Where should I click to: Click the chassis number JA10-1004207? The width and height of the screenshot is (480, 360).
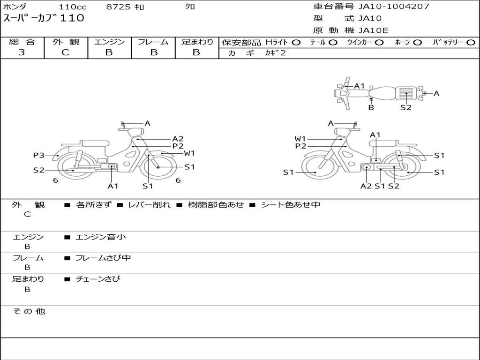394,7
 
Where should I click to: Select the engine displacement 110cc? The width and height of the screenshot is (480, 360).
69,7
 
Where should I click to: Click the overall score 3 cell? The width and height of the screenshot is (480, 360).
22,52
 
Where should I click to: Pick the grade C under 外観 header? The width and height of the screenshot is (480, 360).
66,52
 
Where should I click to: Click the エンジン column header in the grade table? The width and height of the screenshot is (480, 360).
109,42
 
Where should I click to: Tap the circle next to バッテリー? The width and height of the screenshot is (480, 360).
471,43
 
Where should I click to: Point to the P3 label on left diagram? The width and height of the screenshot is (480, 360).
38,155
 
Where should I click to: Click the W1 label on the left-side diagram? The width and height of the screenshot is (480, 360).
189,153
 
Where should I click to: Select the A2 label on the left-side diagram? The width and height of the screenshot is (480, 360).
178,139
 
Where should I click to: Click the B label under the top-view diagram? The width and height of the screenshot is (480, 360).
371,107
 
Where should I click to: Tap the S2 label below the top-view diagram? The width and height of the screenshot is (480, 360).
406,107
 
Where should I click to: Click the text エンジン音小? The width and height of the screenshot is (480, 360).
101,237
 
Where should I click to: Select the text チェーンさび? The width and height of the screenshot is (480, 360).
98,279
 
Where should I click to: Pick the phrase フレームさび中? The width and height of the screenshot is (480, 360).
103,258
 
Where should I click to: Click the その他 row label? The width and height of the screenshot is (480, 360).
29,311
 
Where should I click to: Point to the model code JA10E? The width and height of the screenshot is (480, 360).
373,31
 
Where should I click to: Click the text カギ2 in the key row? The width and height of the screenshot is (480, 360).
275,53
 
